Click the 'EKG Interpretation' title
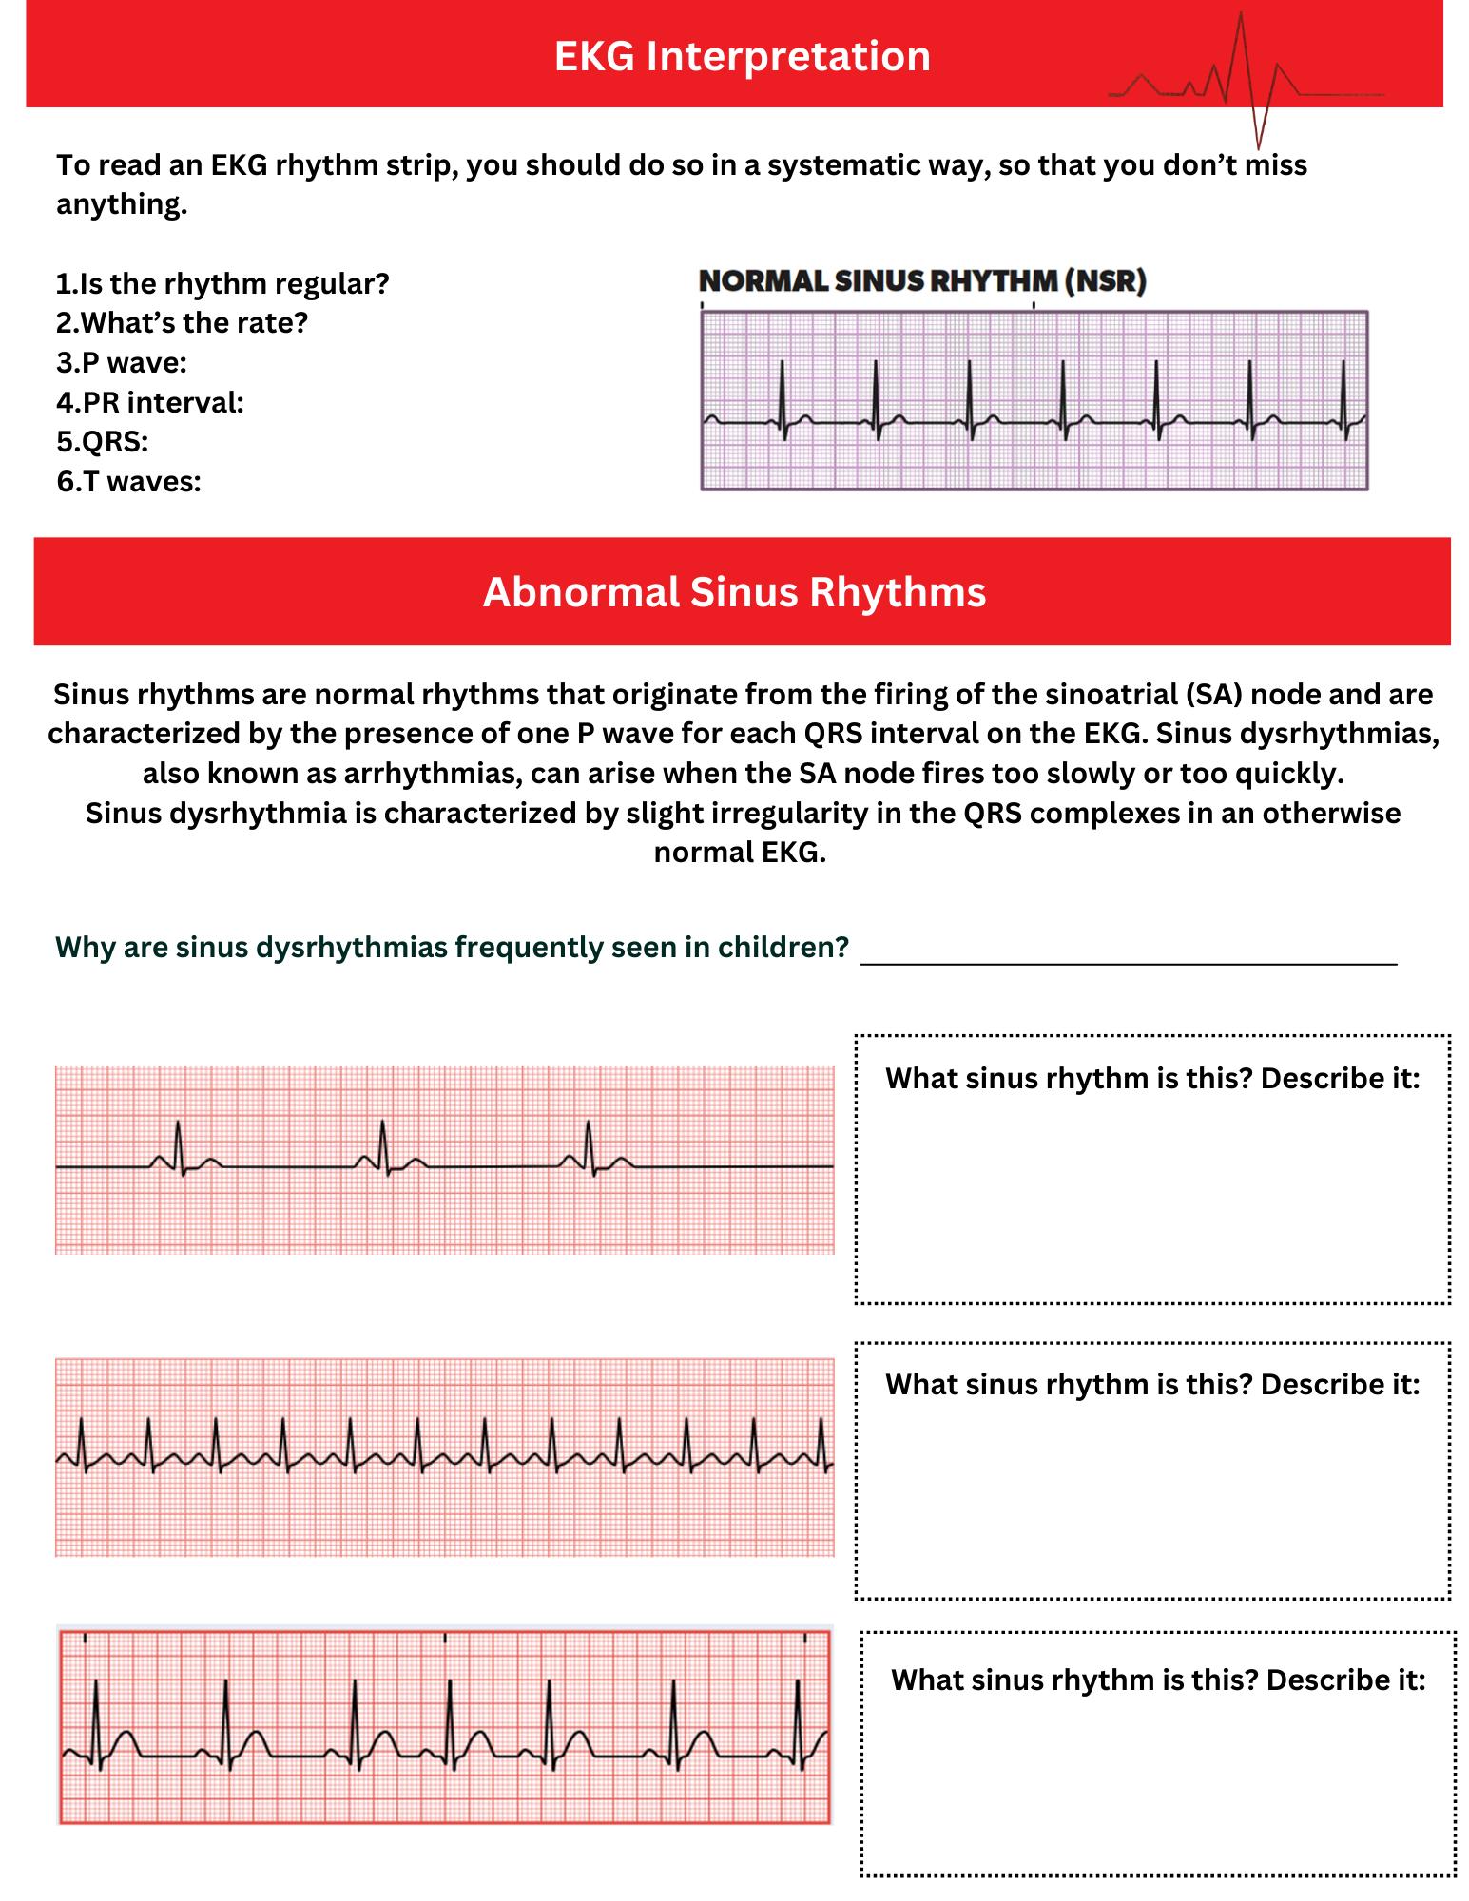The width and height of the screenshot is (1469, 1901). [742, 56]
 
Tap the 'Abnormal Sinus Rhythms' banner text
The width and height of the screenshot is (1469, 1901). [734, 592]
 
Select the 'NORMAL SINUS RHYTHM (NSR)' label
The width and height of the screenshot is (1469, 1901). [922, 281]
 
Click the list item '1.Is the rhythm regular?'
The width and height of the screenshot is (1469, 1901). [222, 284]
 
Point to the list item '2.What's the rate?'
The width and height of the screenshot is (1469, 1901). [182, 323]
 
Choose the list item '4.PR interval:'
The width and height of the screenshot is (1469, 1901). [150, 403]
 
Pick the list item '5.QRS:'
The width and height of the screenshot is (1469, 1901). [102, 442]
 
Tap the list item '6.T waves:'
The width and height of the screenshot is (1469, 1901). [128, 482]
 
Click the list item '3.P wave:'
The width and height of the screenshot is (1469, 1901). [122, 363]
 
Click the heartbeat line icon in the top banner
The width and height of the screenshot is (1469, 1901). [1246, 81]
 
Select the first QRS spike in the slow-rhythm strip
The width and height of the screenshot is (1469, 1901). [178, 1145]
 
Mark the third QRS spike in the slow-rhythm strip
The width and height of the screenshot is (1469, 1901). [589, 1145]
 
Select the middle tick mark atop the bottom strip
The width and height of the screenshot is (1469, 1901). [445, 1638]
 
